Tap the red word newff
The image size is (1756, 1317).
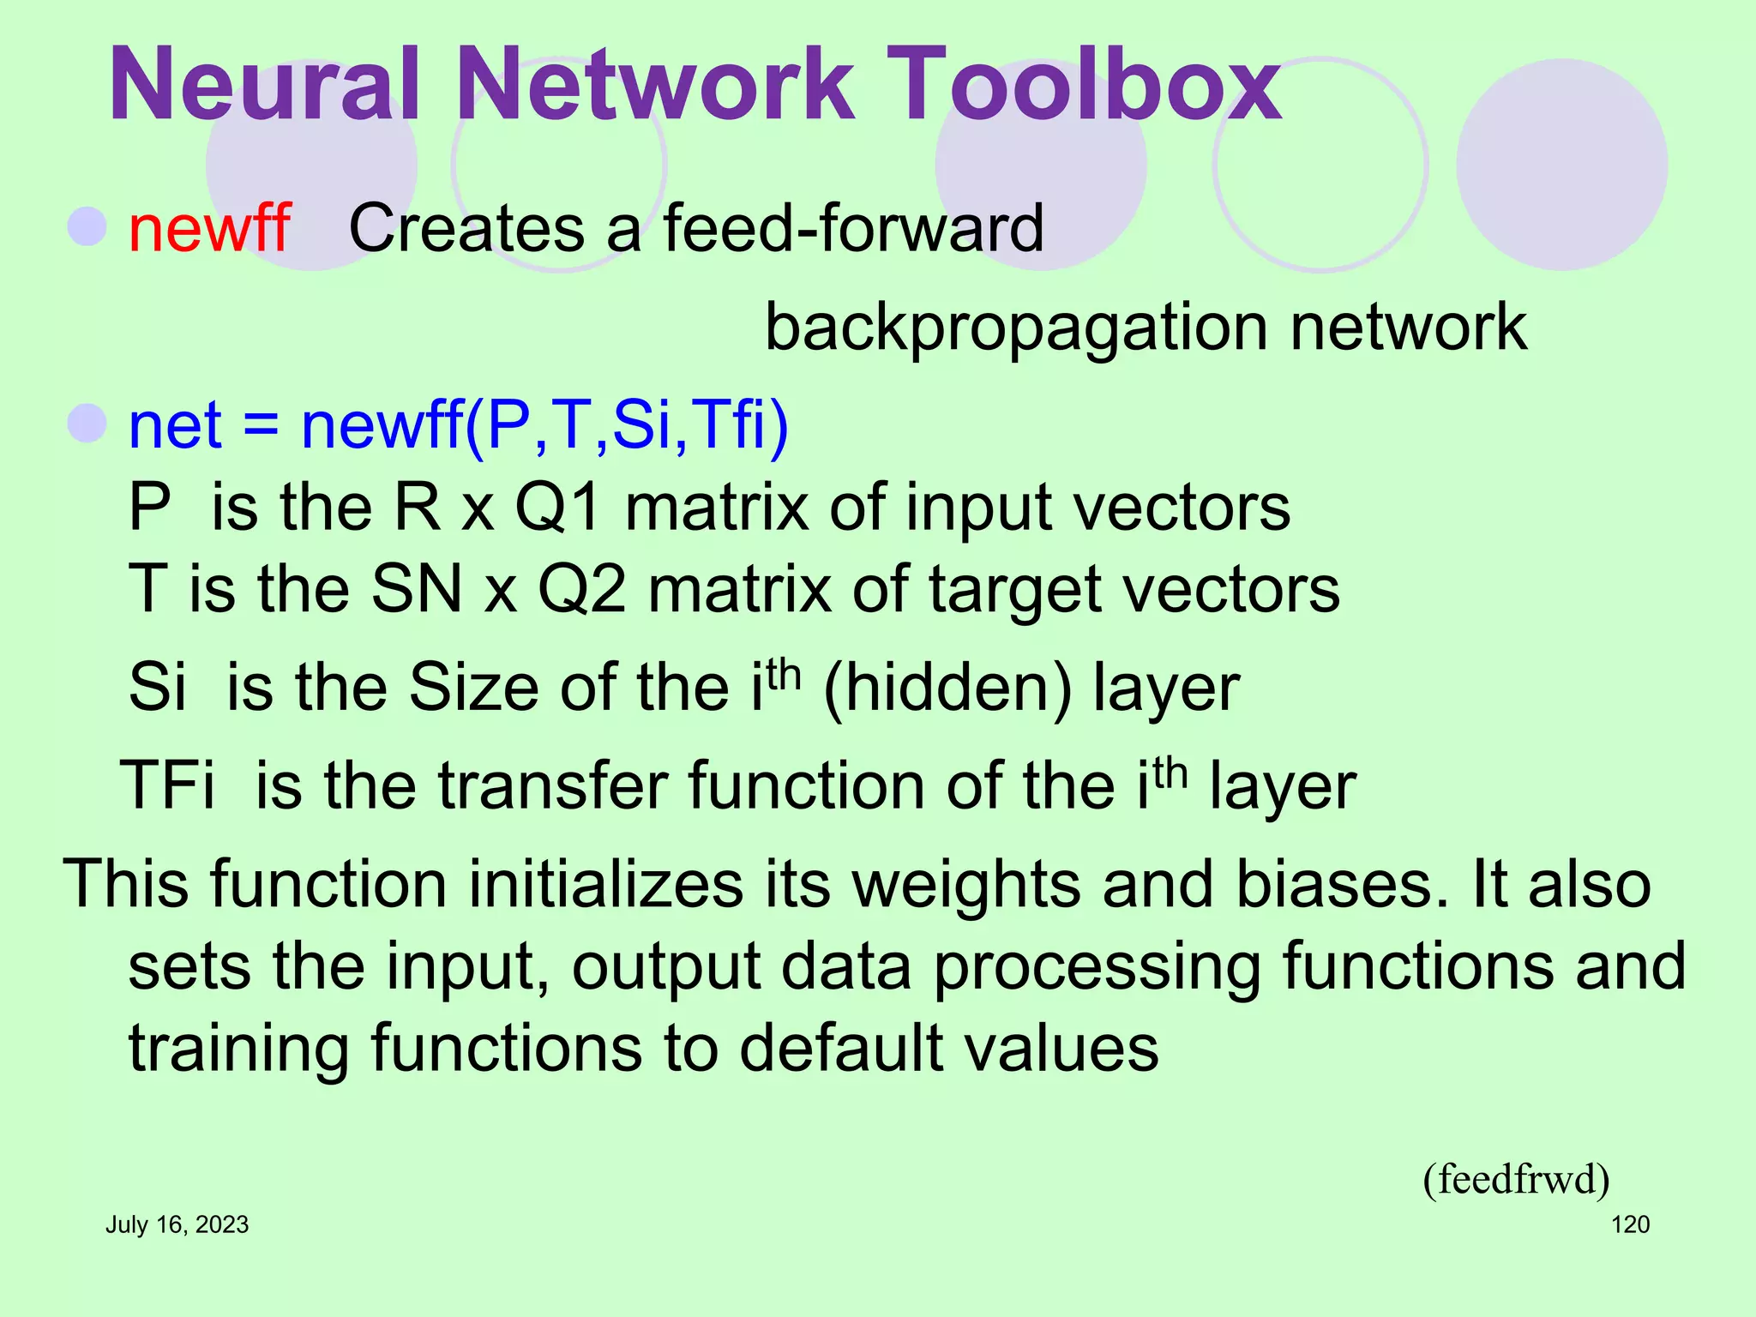(x=209, y=228)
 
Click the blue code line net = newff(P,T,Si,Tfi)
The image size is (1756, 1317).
(x=458, y=425)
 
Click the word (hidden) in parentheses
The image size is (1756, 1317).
(x=947, y=689)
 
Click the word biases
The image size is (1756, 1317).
(x=1334, y=885)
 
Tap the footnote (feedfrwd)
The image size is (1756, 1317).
(x=1515, y=1180)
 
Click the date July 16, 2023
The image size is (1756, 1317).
(x=177, y=1224)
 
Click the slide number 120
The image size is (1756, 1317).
(x=1630, y=1224)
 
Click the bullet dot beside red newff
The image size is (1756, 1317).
(x=87, y=226)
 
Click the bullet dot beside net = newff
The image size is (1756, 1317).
(x=87, y=423)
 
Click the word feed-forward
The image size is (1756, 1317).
(x=853, y=228)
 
